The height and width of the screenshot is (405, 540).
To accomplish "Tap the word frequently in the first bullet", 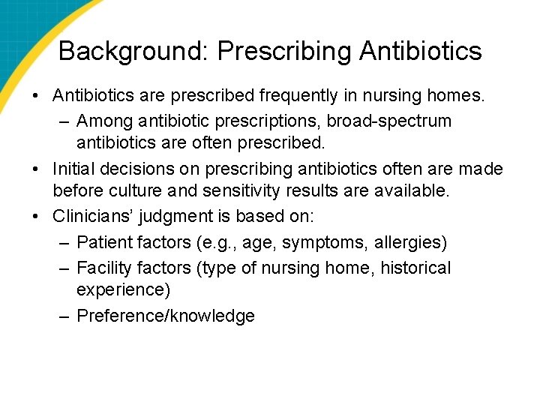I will tap(292, 96).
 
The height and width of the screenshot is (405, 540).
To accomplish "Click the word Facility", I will tap(103, 267).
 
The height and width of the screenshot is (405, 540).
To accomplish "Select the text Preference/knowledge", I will tap(166, 316).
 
